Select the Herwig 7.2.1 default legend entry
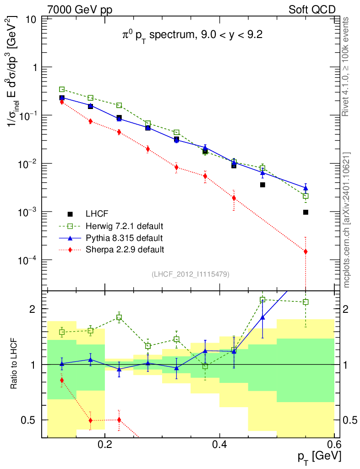[124, 226]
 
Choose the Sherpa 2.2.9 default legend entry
[124, 250]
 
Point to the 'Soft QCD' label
[312, 10]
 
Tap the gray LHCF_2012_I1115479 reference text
[190, 274]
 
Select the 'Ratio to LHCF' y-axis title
[15, 364]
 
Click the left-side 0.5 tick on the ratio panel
[32, 420]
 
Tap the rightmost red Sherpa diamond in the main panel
[305, 251]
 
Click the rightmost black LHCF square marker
[305, 212]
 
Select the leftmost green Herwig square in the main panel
[62, 89]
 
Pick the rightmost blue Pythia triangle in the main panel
[305, 188]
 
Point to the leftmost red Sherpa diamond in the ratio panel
[62, 380]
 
